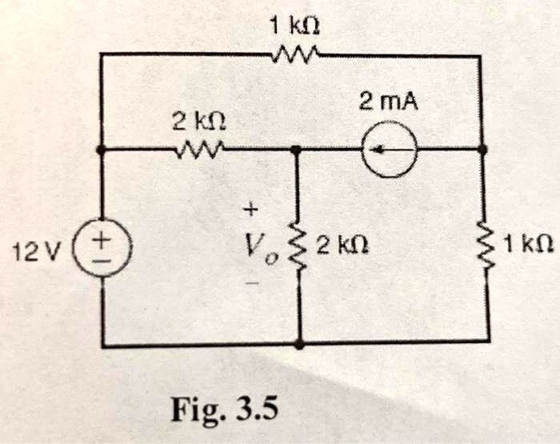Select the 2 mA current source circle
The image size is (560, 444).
point(389,149)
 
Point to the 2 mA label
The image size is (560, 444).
point(388,102)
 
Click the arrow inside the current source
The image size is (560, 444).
point(387,149)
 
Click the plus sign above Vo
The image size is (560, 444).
point(250,210)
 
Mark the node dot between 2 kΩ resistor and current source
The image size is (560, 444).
point(297,150)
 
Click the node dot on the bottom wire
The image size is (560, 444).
point(298,344)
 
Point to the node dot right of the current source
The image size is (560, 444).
point(482,149)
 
